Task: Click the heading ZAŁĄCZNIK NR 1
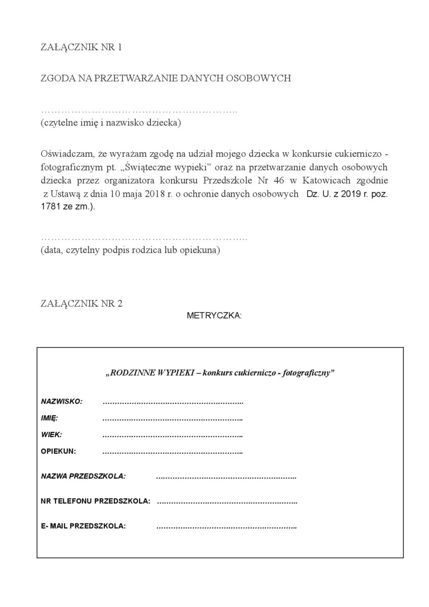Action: point(81,48)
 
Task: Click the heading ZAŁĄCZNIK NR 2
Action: point(81,304)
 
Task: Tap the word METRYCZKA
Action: point(214,316)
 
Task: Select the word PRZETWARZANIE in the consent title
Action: point(133,79)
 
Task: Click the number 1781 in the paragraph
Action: point(50,207)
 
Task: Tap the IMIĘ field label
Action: point(50,418)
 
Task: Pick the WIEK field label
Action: point(52,435)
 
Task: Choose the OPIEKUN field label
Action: point(58,451)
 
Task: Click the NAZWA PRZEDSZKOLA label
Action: point(83,476)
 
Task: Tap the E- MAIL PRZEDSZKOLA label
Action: point(83,526)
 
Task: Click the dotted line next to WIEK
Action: point(173,435)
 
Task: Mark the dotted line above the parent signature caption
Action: point(144,238)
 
